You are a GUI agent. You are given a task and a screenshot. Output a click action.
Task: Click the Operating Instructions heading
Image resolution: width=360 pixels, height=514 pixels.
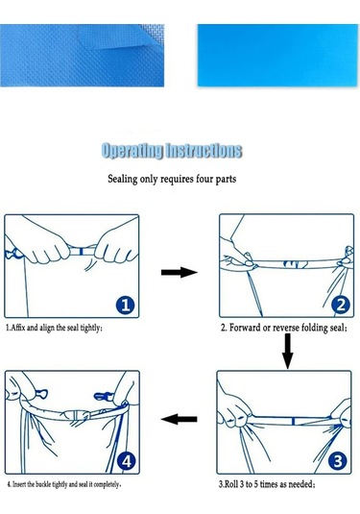point(172,151)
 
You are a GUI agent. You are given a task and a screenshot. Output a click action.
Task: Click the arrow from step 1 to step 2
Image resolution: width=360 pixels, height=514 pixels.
point(178,273)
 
